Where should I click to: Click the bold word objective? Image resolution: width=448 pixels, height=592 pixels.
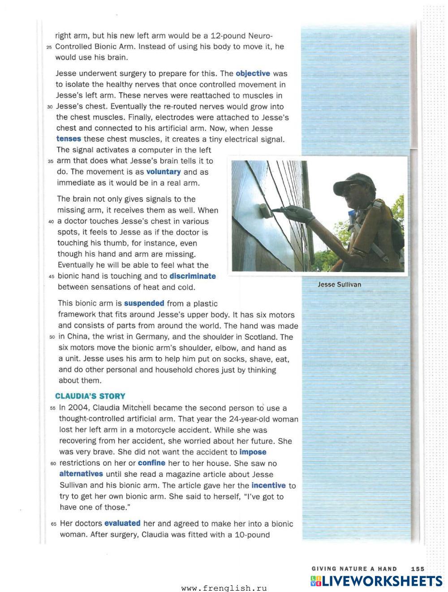pyautogui.click(x=253, y=73)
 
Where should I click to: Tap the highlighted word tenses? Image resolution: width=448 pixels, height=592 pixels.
pyautogui.click(x=69, y=139)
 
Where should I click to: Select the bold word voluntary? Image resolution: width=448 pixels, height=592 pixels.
pyautogui.click(x=164, y=172)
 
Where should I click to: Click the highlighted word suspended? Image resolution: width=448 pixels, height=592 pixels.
pyautogui.click(x=144, y=303)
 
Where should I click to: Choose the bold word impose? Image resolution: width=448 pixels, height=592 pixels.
pyautogui.click(x=253, y=452)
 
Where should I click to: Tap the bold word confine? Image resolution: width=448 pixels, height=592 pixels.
pyautogui.click(x=151, y=463)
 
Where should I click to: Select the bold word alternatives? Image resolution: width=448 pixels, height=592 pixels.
pyautogui.click(x=81, y=474)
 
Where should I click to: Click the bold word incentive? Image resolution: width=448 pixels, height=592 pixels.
pyautogui.click(x=268, y=485)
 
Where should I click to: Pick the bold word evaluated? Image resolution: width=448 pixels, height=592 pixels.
pyautogui.click(x=122, y=523)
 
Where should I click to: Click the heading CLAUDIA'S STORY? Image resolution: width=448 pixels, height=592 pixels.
pyautogui.click(x=90, y=396)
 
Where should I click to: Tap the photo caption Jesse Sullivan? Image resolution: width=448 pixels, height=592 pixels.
pyautogui.click(x=339, y=285)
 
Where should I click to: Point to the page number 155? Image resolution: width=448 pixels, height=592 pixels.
pyautogui.click(x=418, y=569)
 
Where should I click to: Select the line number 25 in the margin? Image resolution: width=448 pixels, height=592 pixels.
pyautogui.click(x=49, y=47)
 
